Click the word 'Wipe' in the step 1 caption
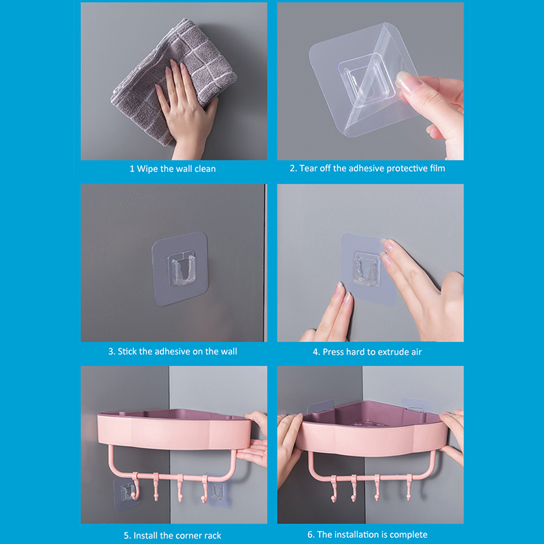(147, 169)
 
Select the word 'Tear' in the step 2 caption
(308, 168)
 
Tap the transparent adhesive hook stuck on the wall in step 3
(180, 269)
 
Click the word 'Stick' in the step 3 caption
(127, 352)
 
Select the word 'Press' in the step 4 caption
(333, 352)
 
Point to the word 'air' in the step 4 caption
(416, 352)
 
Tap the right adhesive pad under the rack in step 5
(218, 490)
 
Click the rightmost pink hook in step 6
(409, 487)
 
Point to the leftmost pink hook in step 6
(334, 488)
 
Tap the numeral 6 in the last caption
(310, 534)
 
